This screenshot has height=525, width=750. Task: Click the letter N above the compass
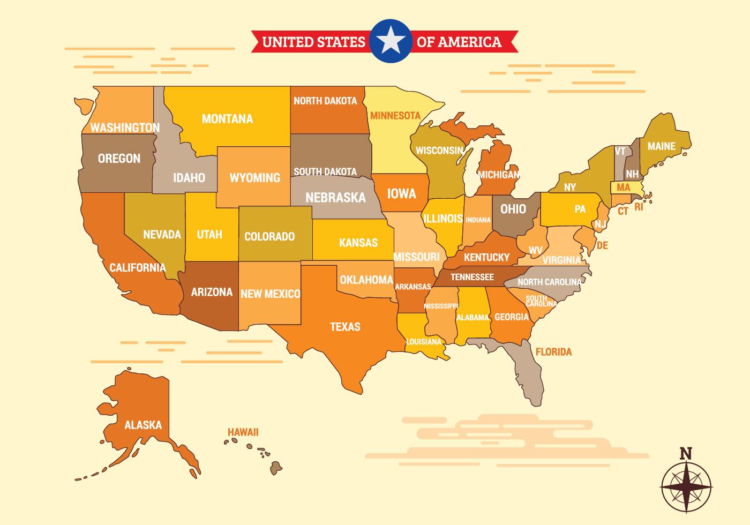(685, 454)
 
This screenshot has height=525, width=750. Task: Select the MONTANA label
(227, 119)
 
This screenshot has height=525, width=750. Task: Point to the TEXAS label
(345, 327)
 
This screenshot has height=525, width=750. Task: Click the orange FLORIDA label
(553, 352)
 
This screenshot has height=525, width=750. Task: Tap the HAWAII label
(243, 432)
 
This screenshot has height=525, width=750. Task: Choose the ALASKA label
(143, 425)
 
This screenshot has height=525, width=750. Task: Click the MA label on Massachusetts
(623, 188)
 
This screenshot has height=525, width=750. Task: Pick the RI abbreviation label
(639, 207)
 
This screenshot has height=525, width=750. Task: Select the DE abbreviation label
(603, 246)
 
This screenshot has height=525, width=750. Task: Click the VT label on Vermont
(620, 152)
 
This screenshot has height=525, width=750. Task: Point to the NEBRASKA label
(335, 198)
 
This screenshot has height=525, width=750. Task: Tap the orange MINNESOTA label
(395, 116)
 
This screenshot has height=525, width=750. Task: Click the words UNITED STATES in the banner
(313, 42)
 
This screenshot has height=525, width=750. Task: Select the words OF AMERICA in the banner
(459, 42)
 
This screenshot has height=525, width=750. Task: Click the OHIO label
(513, 209)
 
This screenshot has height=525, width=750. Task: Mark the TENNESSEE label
(471, 277)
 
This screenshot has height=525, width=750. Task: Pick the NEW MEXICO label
(270, 294)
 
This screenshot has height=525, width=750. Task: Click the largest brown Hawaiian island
(275, 468)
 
